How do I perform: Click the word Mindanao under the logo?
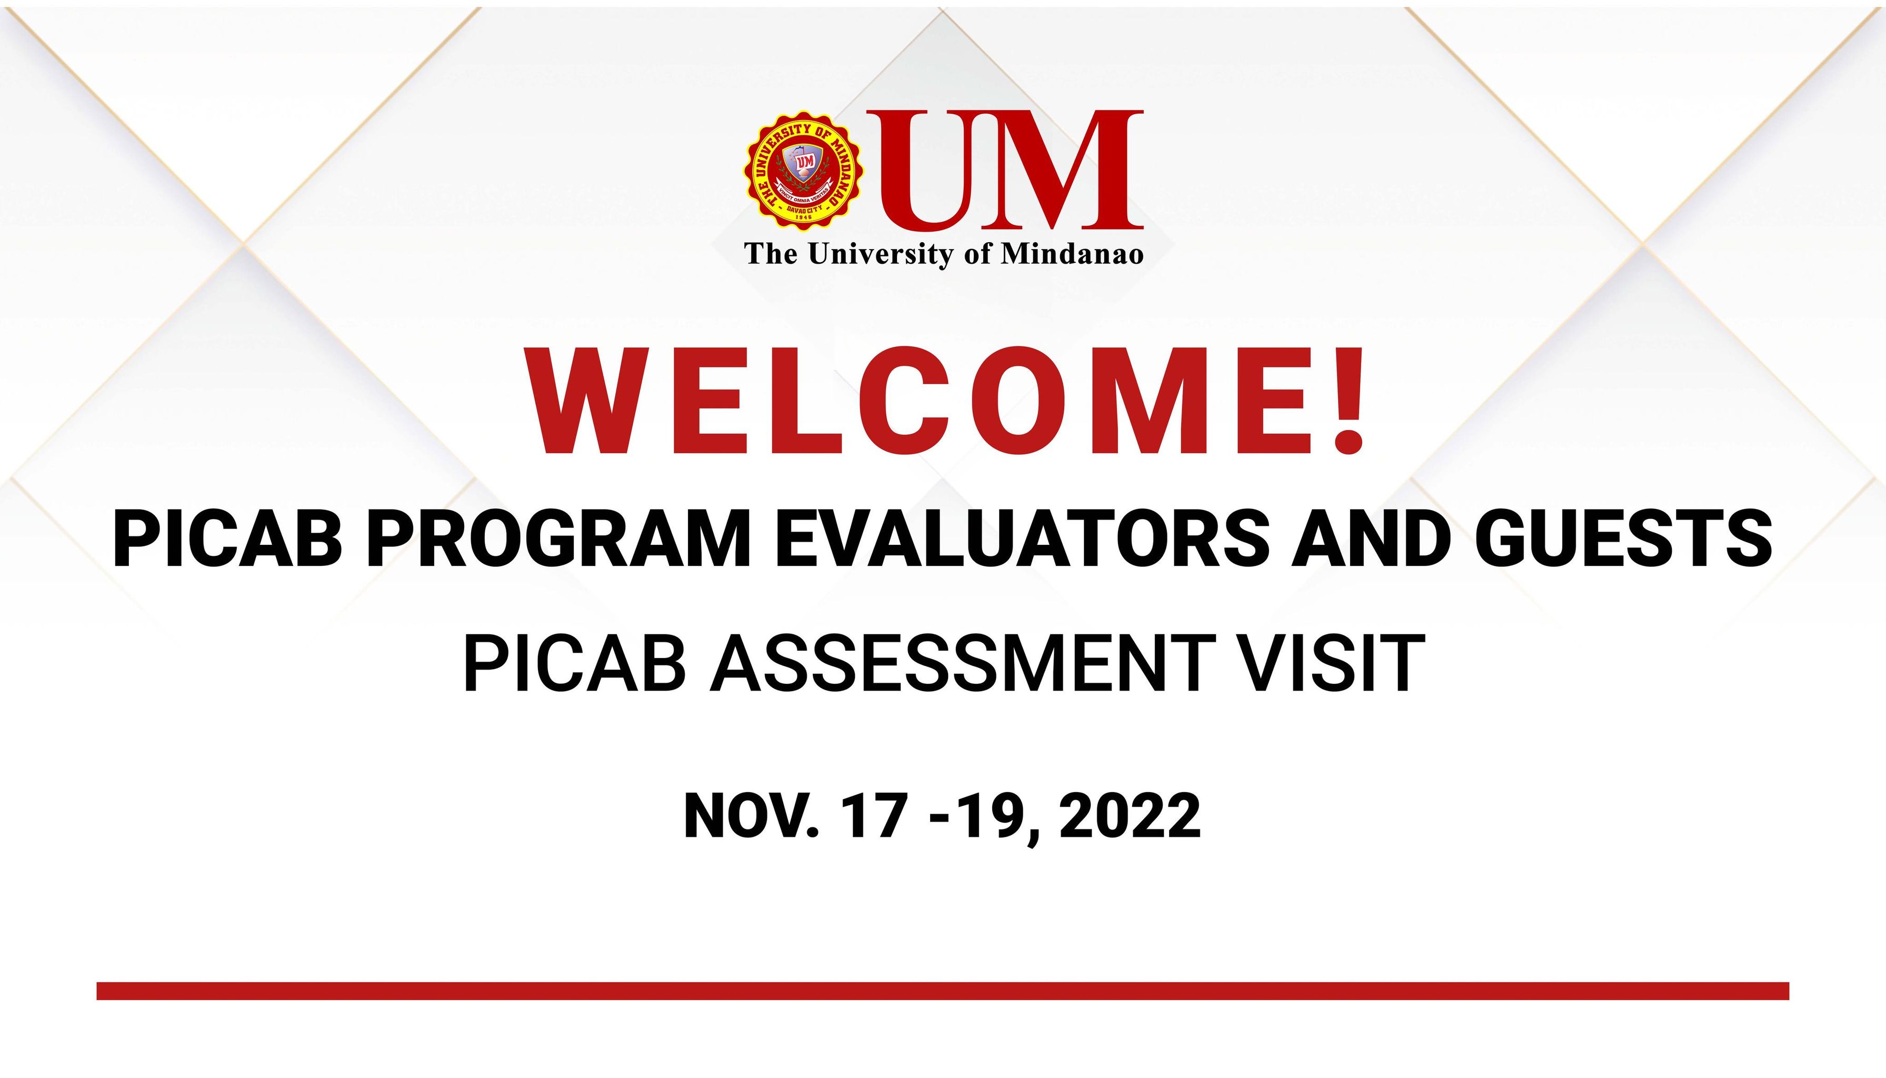tap(1073, 254)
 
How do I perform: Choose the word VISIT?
tap(1332, 664)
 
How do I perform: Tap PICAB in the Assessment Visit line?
tap(574, 664)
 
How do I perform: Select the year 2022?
tap(1130, 816)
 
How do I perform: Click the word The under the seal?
tap(771, 254)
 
